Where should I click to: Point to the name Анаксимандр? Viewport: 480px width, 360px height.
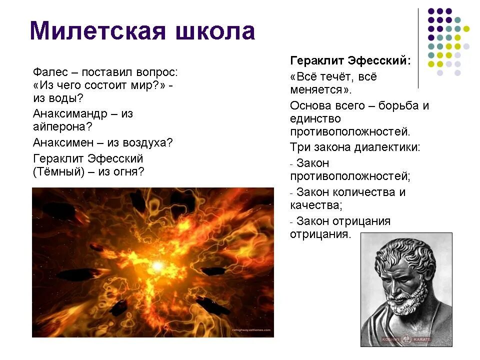coord(69,113)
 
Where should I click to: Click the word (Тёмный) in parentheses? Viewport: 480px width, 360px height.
coord(58,171)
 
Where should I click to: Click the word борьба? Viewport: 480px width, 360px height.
coord(400,106)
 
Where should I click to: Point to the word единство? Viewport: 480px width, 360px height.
coord(315,119)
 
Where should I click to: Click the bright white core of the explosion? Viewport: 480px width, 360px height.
coord(157,266)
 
